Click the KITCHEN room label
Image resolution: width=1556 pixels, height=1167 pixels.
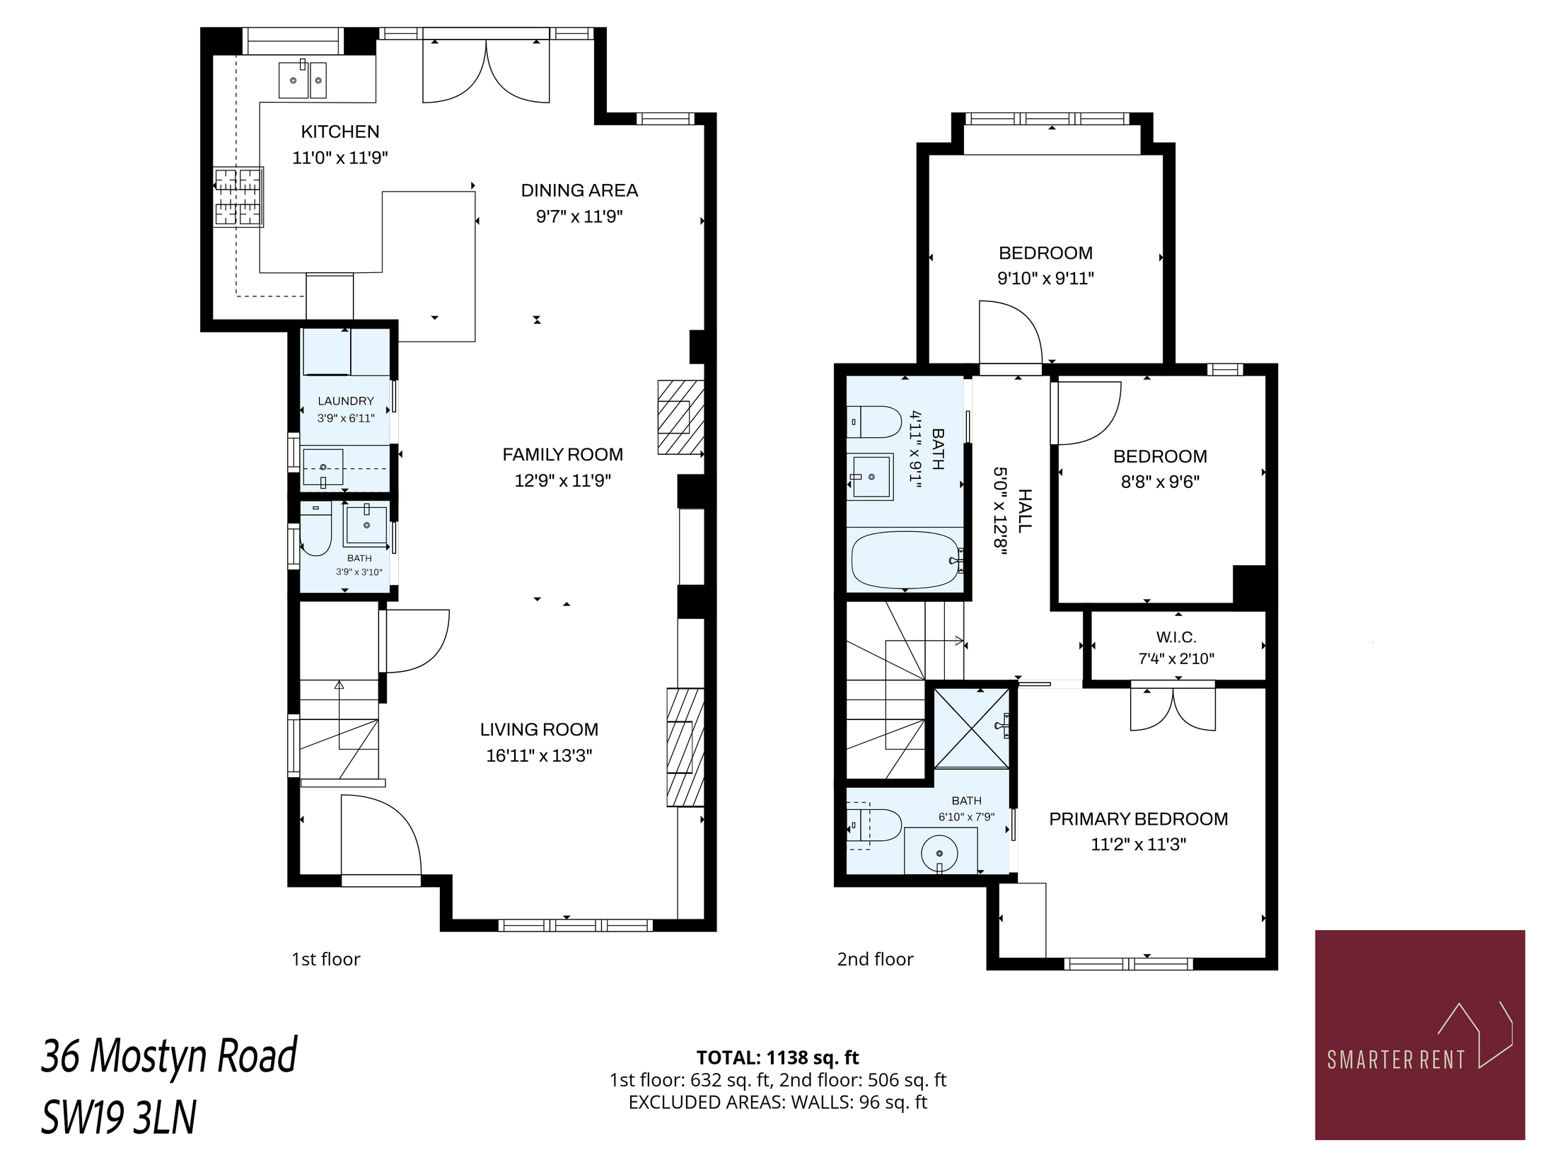(340, 132)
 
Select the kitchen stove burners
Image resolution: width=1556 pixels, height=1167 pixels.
(238, 197)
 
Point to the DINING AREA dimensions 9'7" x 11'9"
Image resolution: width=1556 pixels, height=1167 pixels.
(579, 216)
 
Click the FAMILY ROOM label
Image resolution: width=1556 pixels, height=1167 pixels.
(563, 455)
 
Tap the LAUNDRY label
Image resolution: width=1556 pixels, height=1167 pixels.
(346, 401)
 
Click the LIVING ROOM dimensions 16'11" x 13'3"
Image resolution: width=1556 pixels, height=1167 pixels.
(539, 755)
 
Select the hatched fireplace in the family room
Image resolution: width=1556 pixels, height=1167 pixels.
(681, 417)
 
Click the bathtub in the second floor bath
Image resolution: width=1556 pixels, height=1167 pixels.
(906, 560)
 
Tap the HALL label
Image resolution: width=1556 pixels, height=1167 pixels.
(1025, 510)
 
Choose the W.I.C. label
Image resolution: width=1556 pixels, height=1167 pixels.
(1176, 637)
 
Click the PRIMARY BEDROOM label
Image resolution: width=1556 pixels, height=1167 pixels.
(1139, 819)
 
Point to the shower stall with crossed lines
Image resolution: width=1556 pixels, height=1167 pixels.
(972, 728)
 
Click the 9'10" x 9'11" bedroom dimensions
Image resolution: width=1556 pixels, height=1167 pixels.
(1046, 279)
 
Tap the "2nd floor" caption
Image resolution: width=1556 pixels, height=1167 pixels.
(876, 960)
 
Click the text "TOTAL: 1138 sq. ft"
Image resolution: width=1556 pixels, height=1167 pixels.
(777, 1058)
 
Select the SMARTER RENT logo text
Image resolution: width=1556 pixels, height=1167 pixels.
(1395, 1060)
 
